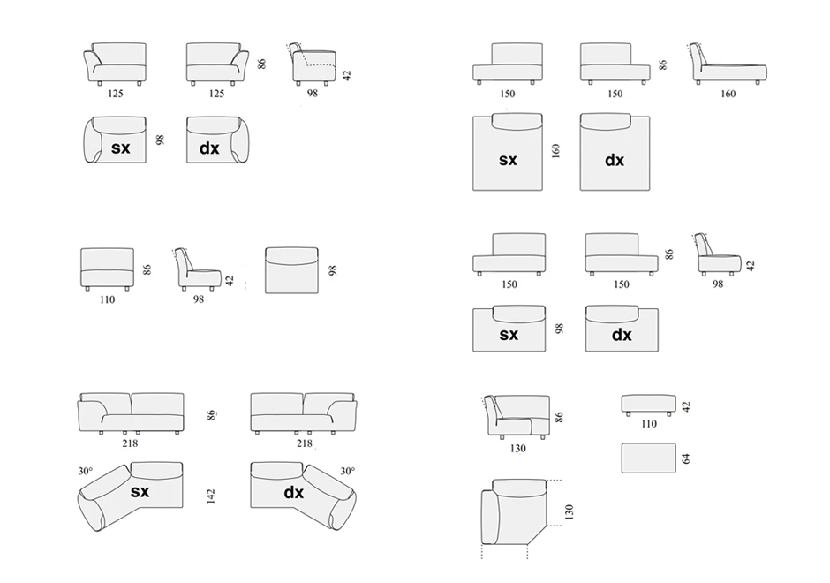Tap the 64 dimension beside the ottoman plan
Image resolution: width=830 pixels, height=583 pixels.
pyautogui.click(x=685, y=458)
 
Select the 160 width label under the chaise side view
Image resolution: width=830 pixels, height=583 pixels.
pyautogui.click(x=728, y=94)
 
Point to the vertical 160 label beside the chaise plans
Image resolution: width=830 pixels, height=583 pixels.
pyautogui.click(x=555, y=152)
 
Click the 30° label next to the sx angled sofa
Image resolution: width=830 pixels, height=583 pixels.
pyautogui.click(x=85, y=472)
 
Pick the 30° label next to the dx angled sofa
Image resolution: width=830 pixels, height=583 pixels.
pyautogui.click(x=348, y=472)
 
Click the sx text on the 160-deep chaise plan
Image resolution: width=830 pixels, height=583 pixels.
pyautogui.click(x=508, y=160)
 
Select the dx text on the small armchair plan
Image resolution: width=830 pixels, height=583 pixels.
pyautogui.click(x=209, y=148)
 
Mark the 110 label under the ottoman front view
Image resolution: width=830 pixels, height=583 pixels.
pyautogui.click(x=649, y=424)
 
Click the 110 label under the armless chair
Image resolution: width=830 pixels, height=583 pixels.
pyautogui.click(x=107, y=299)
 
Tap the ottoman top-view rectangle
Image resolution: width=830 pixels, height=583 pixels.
pyautogui.click(x=648, y=458)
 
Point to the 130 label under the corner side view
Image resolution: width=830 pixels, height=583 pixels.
pyautogui.click(x=517, y=449)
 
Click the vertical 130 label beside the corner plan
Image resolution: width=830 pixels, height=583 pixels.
pyautogui.click(x=569, y=511)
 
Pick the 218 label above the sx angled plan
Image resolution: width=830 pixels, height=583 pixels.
pyautogui.click(x=130, y=443)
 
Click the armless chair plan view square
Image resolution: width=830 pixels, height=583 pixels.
pyautogui.click(x=290, y=269)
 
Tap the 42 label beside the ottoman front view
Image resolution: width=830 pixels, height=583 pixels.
pyautogui.click(x=686, y=406)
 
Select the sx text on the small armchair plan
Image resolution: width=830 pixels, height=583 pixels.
pyautogui.click(x=121, y=148)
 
